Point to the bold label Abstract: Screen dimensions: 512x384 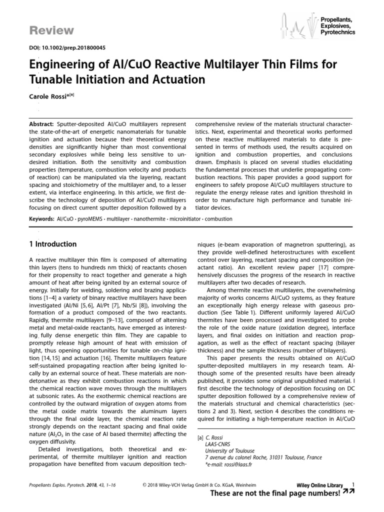pos(41,123)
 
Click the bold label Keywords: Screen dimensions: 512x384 pos(41,218)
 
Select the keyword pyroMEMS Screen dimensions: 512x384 pos(93,218)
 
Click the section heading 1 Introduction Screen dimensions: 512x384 pos(52,244)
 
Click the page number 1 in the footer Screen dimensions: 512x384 pos(353,484)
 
